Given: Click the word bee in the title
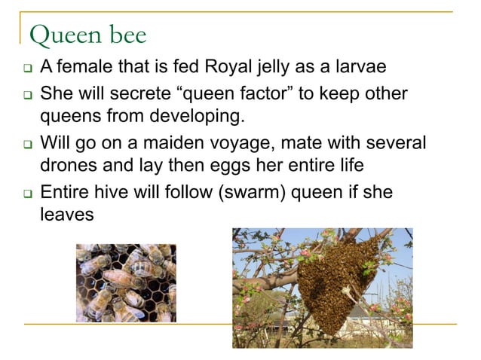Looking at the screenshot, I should [124, 35].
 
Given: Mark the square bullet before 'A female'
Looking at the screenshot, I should [25, 71].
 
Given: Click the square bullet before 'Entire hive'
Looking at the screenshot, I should [25, 193].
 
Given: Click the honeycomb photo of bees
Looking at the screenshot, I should [126, 282].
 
